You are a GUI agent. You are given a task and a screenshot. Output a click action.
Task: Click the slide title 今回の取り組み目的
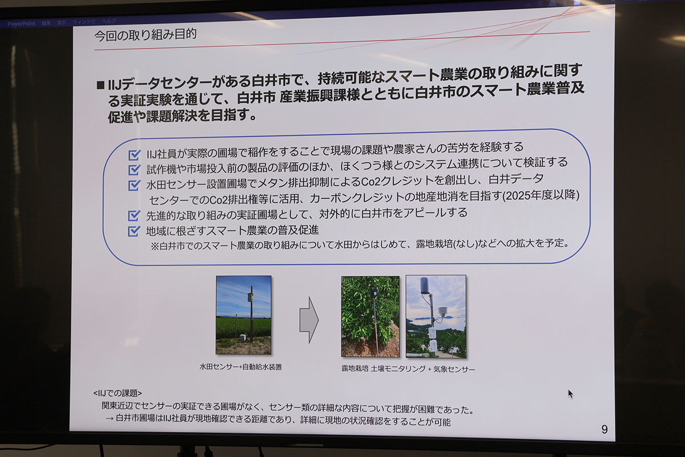[x=145, y=35]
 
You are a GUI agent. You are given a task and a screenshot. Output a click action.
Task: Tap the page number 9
[x=605, y=429]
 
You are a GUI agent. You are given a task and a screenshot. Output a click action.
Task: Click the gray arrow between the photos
[x=309, y=320]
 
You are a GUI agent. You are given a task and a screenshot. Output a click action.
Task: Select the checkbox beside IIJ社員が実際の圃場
[x=134, y=155]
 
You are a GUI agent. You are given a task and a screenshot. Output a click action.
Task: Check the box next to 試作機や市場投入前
[x=134, y=170]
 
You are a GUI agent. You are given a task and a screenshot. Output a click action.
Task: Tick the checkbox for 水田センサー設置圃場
[x=134, y=185]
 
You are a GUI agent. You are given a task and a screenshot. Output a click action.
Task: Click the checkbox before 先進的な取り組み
[x=134, y=215]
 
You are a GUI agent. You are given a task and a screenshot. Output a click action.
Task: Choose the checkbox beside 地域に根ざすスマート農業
[x=134, y=231]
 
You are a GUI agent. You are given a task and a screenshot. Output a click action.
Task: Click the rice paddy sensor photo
[x=243, y=315]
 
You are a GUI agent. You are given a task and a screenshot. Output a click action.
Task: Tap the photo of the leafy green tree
[x=370, y=316]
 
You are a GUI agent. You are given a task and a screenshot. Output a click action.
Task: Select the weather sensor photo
[x=436, y=316]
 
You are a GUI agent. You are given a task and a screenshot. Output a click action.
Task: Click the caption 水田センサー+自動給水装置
[x=241, y=367]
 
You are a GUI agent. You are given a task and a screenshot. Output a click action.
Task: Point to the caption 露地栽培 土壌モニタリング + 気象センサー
[x=408, y=369]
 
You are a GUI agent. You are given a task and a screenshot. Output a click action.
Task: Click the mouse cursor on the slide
[x=571, y=394]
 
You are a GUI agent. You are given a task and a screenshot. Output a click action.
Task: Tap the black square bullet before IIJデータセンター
[x=100, y=85]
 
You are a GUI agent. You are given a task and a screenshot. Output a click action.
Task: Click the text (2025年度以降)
[x=541, y=195]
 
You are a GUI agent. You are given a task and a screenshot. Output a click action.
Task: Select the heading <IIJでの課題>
[x=118, y=393]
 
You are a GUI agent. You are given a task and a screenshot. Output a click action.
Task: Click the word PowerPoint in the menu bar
[x=22, y=23]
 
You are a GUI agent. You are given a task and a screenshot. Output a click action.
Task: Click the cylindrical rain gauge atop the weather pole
[x=424, y=285]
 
